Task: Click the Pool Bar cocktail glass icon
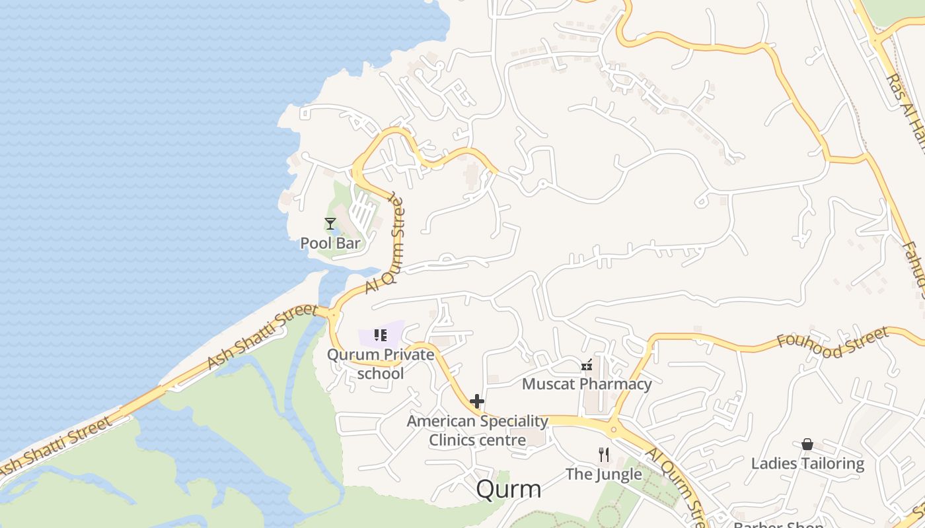tap(330, 224)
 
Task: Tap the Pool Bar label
tap(330, 243)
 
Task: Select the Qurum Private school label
tap(381, 364)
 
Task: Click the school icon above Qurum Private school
tap(380, 335)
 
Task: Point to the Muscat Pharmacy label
tap(587, 383)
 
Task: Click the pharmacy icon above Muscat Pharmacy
tap(586, 364)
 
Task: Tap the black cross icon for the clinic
tap(477, 401)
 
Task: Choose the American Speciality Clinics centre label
tap(478, 430)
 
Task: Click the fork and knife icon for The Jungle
tap(603, 454)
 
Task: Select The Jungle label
tap(603, 474)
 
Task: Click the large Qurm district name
tap(508, 489)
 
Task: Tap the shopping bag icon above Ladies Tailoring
tap(807, 444)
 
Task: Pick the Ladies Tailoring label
tap(807, 463)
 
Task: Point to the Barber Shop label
tap(778, 525)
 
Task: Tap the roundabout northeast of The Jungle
tap(614, 430)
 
